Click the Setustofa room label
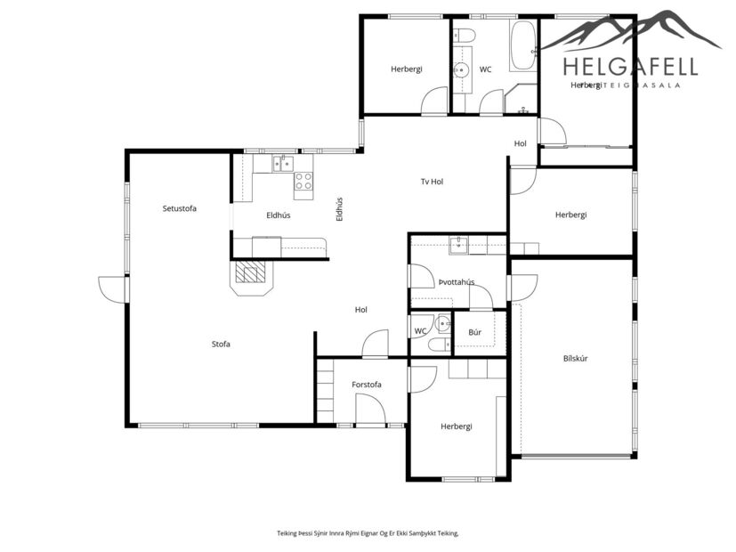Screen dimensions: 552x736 [179, 208]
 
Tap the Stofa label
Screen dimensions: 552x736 [221, 344]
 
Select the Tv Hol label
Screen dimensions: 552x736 [432, 182]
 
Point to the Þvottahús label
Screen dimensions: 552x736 [456, 282]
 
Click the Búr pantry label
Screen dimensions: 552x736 [475, 332]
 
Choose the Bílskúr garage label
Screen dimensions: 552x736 [576, 358]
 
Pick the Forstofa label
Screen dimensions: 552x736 [367, 385]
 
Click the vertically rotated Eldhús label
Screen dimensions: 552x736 [339, 208]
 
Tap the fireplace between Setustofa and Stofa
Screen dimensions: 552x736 [251, 276]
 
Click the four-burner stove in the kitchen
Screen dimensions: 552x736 [303, 181]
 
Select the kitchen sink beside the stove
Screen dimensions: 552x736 [283, 163]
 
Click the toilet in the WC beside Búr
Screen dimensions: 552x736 [439, 345]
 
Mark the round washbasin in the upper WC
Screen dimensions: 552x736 [462, 70]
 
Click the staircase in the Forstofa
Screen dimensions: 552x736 [325, 390]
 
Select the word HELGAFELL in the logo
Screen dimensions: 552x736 [630, 66]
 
